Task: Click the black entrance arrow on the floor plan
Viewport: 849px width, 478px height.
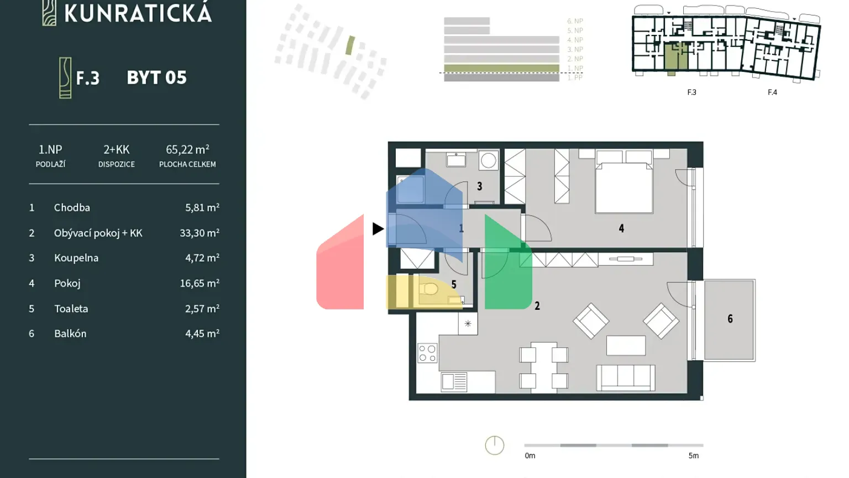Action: [x=378, y=228]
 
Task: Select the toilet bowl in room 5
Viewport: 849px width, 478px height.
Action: [x=429, y=289]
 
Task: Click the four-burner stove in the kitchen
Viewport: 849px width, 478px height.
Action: [x=427, y=354]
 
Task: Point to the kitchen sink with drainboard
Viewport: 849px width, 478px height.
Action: [x=454, y=382]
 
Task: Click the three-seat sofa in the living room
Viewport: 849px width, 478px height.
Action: [x=626, y=377]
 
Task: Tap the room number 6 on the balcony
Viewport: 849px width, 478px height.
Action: [x=730, y=319]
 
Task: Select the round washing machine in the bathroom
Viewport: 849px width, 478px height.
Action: [x=488, y=161]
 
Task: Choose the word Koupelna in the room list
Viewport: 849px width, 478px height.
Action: [x=76, y=258]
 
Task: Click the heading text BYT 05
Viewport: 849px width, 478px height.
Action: [x=156, y=78]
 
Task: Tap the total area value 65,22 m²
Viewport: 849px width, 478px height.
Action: [x=187, y=149]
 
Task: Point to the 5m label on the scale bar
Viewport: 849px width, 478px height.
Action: [x=693, y=456]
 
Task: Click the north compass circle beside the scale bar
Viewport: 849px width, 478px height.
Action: [x=495, y=445]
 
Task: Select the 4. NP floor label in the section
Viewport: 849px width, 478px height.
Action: [x=575, y=40]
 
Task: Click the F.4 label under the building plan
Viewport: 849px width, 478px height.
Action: [x=772, y=92]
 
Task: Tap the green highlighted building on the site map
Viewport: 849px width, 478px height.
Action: [x=350, y=45]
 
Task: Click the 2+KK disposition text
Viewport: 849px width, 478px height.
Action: [x=116, y=149]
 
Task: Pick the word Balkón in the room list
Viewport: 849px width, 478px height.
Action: [x=70, y=334]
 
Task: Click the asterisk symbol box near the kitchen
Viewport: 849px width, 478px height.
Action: [x=468, y=324]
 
